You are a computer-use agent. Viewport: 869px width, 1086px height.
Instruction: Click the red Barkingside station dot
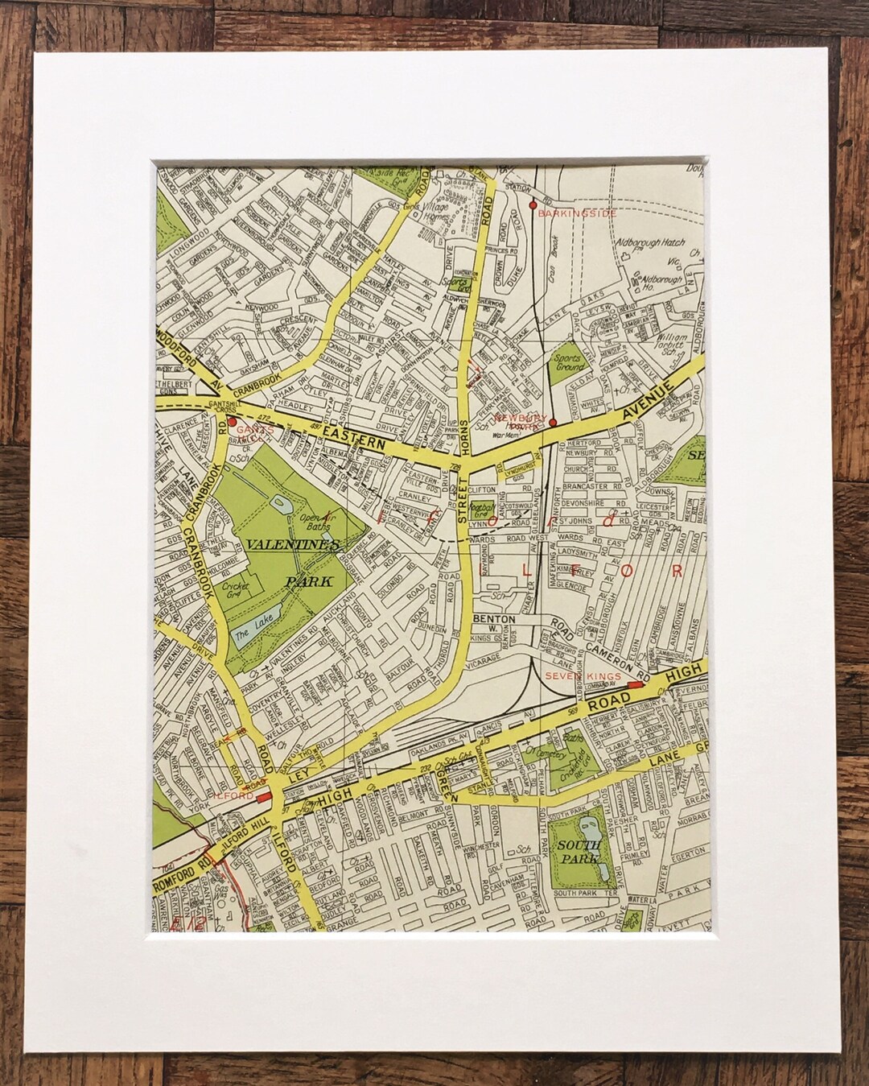click(532, 205)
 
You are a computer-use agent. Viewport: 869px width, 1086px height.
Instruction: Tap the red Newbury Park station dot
click(552, 421)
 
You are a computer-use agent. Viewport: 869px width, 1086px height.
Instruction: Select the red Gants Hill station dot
click(232, 420)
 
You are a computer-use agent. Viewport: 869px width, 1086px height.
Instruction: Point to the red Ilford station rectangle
click(263, 795)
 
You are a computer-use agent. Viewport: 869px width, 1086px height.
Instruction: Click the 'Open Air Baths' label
click(315, 523)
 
